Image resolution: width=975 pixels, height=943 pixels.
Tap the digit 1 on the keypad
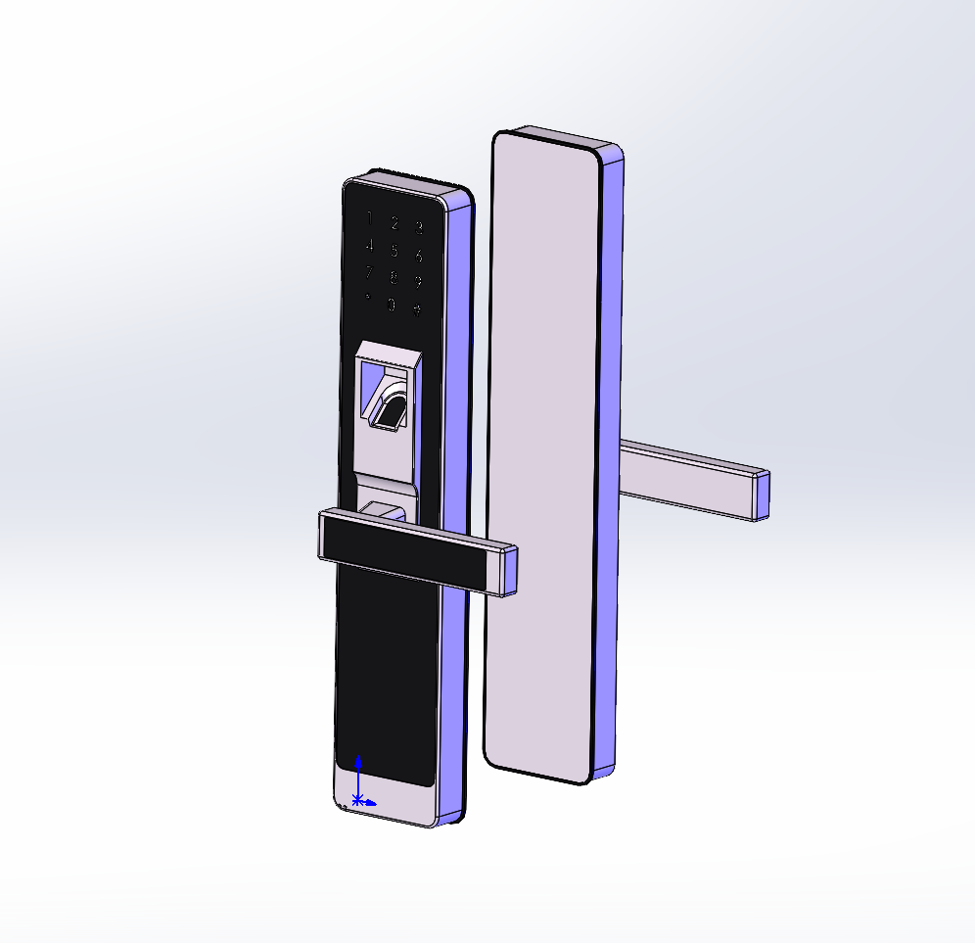click(x=369, y=217)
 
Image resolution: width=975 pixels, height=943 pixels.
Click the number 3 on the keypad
click(x=419, y=229)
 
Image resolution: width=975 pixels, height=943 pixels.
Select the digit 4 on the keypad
click(x=369, y=245)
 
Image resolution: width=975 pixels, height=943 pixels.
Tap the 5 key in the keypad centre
click(x=395, y=251)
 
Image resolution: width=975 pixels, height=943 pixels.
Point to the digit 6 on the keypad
click(x=419, y=257)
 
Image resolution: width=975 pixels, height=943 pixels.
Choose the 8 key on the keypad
click(x=394, y=278)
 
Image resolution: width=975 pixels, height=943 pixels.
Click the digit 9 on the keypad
click(x=418, y=284)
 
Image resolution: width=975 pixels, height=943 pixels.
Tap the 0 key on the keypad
click(x=392, y=305)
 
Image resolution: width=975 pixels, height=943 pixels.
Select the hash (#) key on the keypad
click(x=417, y=310)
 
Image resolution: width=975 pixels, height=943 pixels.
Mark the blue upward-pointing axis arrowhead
click(x=359, y=761)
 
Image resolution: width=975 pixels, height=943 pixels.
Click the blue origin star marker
click(x=358, y=801)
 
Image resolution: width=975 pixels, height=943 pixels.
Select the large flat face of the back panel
click(x=541, y=450)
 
